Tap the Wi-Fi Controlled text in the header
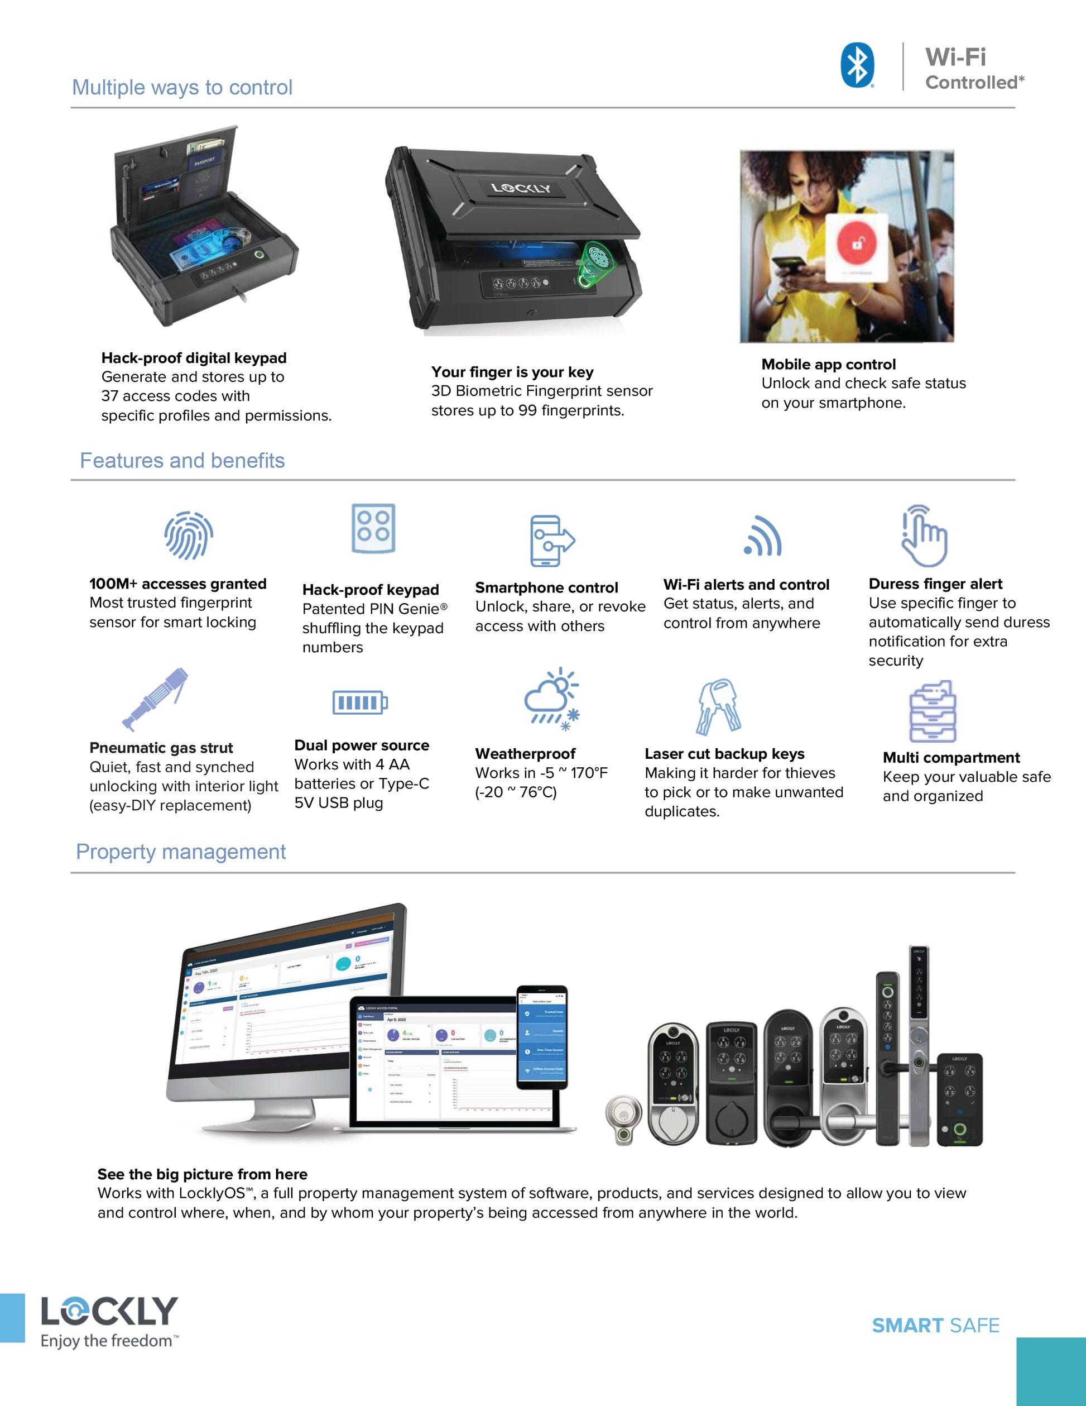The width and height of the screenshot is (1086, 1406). pyautogui.click(x=973, y=68)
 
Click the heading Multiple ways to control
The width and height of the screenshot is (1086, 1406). pyautogui.click(x=182, y=87)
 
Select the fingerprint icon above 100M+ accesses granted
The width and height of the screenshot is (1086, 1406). pyautogui.click(x=189, y=535)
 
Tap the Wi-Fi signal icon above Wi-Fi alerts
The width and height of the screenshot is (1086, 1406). pyautogui.click(x=763, y=536)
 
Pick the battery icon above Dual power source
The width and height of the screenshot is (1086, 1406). pyautogui.click(x=359, y=702)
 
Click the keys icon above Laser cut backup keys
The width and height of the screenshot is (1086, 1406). pyautogui.click(x=718, y=706)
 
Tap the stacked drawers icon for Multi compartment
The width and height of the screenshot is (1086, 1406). pyautogui.click(x=932, y=711)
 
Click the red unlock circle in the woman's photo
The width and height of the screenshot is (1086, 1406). pyautogui.click(x=856, y=243)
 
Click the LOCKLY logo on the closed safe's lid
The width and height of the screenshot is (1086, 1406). pyautogui.click(x=521, y=188)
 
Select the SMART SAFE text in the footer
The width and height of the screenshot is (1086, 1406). pyautogui.click(x=935, y=1326)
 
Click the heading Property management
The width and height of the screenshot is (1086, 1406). pyautogui.click(x=181, y=852)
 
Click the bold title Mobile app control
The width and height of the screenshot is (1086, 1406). pyautogui.click(x=828, y=365)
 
